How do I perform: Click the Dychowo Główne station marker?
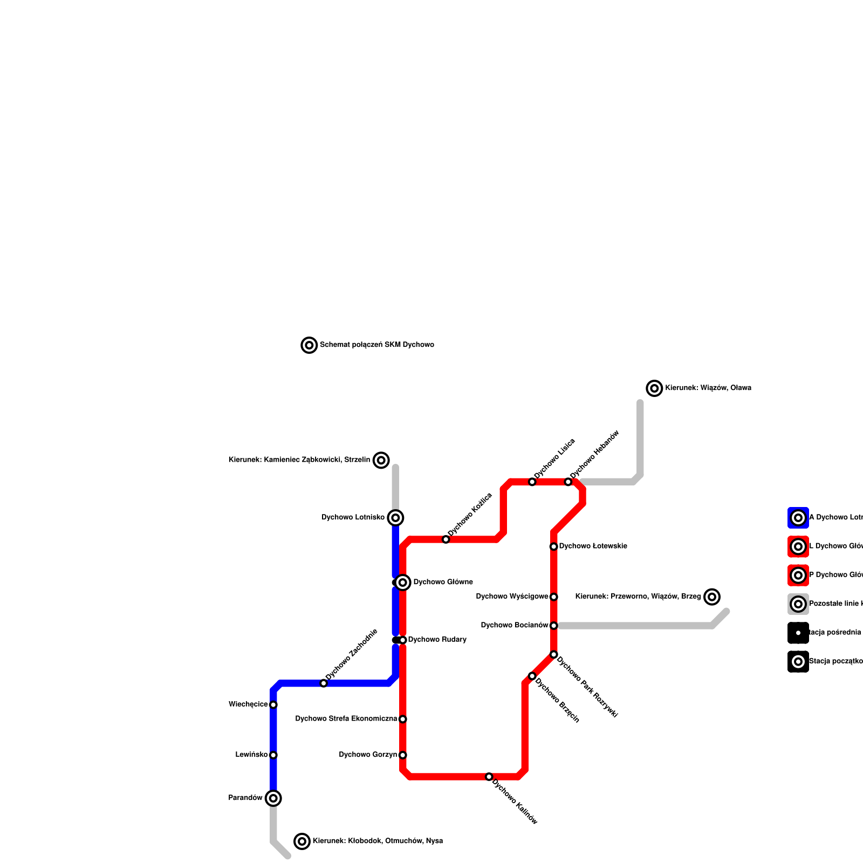pos(402,583)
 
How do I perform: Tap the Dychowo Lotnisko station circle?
pos(395,518)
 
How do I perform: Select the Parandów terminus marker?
pos(273,798)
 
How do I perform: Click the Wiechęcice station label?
pos(248,704)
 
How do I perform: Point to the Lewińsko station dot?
pos(273,755)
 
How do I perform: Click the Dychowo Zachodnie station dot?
pos(324,683)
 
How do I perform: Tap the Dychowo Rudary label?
pos(437,640)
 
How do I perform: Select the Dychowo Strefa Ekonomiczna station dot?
pos(402,719)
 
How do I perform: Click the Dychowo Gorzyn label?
pos(368,755)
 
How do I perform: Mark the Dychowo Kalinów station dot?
pos(489,777)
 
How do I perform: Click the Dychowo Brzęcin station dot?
pos(532,676)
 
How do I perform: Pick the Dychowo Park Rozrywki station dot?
pos(553,654)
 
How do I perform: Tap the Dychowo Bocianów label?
pos(515,626)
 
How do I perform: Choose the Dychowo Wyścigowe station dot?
pos(553,597)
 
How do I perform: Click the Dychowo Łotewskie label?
pos(593,546)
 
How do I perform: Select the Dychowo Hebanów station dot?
pos(568,482)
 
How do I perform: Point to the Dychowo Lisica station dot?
pos(532,482)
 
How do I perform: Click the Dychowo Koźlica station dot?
pos(446,539)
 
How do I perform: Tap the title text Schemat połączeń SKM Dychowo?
pos(376,345)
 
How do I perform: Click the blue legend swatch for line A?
pos(798,518)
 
